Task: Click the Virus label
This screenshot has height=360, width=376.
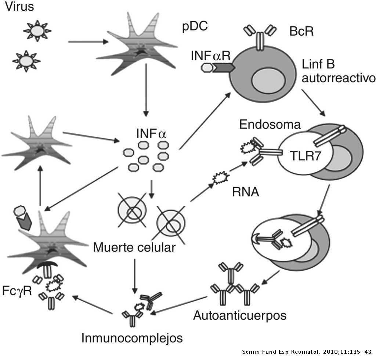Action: click(19, 7)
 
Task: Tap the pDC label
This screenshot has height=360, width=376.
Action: click(195, 26)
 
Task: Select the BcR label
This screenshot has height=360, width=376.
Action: click(301, 31)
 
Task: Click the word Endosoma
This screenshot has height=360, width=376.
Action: click(270, 125)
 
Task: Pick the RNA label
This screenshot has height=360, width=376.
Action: click(246, 192)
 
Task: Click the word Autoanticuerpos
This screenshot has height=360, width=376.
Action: click(240, 315)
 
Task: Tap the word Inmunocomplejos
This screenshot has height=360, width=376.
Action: click(132, 338)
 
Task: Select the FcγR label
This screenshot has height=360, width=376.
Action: click(17, 291)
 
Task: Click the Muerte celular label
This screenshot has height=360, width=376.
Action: click(134, 247)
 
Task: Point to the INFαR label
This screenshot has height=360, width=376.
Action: click(210, 56)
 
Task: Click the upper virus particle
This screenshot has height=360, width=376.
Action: click(37, 31)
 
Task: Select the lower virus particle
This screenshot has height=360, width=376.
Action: click(26, 61)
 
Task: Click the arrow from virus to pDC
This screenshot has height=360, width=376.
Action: click(88, 42)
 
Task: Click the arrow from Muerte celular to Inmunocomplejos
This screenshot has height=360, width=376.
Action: click(134, 276)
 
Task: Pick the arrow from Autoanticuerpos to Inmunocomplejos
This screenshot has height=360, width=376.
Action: click(180, 305)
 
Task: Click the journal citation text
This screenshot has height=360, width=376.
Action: click(307, 352)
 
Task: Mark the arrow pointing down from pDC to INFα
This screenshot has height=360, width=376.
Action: click(146, 91)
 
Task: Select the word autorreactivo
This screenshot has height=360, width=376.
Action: click(338, 78)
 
